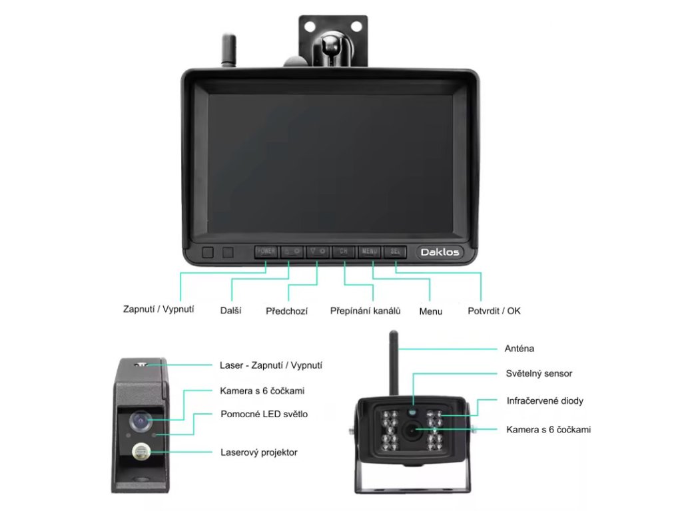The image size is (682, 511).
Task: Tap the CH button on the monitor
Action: pos(344,252)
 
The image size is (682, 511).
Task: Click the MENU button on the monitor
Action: pos(370,252)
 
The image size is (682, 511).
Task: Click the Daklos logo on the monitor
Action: pos(440,252)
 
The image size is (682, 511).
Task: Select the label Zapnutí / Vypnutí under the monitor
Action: pos(159,309)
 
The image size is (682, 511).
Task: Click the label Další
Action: pos(230,310)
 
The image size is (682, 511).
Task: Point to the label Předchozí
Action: pos(286,311)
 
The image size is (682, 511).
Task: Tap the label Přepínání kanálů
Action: pos(366,311)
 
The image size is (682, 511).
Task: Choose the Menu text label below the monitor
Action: pos(430,311)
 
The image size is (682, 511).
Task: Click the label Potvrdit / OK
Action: pos(494,311)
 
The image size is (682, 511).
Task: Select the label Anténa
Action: pos(519,348)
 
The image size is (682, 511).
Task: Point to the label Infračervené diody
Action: pos(545,401)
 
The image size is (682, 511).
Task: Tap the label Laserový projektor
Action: pos(258,452)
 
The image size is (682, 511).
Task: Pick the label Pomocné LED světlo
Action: pos(264,414)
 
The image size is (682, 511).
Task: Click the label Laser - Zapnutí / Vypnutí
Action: pos(271,365)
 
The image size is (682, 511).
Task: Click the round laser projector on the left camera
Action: pos(141,452)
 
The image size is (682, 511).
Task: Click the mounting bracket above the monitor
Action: pos(333,40)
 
